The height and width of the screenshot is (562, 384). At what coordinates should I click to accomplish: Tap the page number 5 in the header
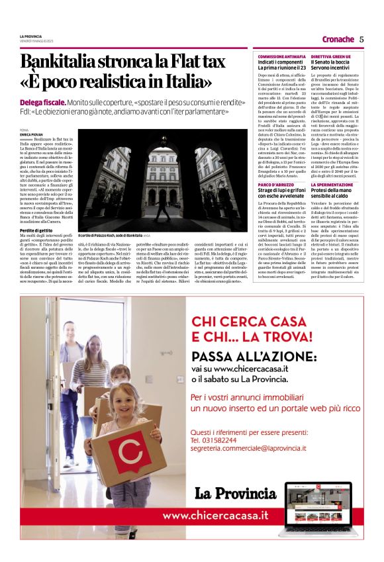coord(361,39)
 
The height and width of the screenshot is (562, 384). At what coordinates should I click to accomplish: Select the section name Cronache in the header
coord(338,39)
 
